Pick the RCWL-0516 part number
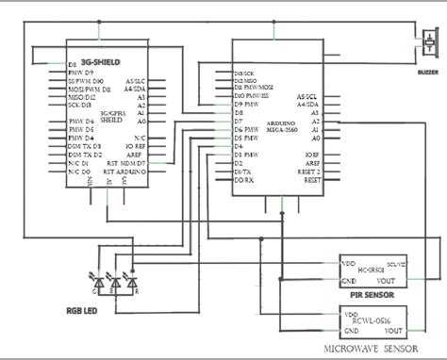[x=372, y=320]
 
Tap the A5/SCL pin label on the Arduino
[x=307, y=97]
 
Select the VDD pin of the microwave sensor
[x=351, y=315]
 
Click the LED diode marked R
[x=132, y=282]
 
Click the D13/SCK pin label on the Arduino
[x=245, y=73]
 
